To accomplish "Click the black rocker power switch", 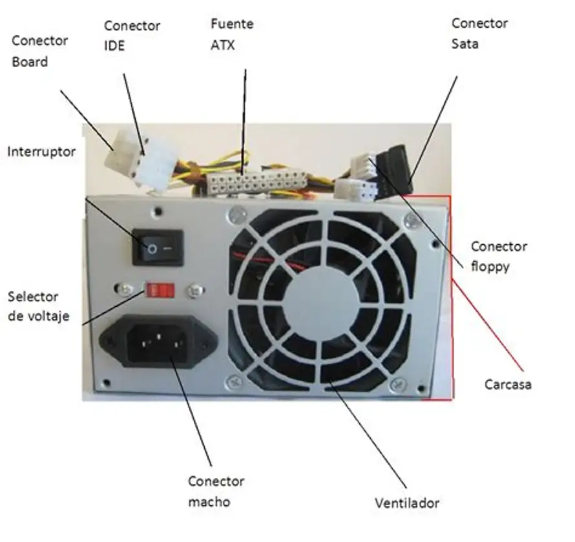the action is point(158,247).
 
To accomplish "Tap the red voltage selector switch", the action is point(160,291).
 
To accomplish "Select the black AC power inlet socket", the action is point(158,342).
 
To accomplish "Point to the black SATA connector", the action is point(397,169).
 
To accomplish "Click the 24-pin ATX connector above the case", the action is point(256,183).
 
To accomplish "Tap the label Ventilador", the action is point(407,503).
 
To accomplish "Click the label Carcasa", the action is point(508,384).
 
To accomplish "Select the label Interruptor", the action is point(41,151).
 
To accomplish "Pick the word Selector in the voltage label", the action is point(33,297).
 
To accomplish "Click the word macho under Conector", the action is point(209,502).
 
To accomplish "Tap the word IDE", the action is point(114,45).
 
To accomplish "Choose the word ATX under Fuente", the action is point(223,45).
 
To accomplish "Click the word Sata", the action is point(465,44).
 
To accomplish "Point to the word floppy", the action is point(490,266).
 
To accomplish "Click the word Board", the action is point(30,61).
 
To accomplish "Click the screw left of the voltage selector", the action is point(124,289).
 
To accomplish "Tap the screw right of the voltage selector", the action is point(195,291).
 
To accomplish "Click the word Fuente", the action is point(232,24).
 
